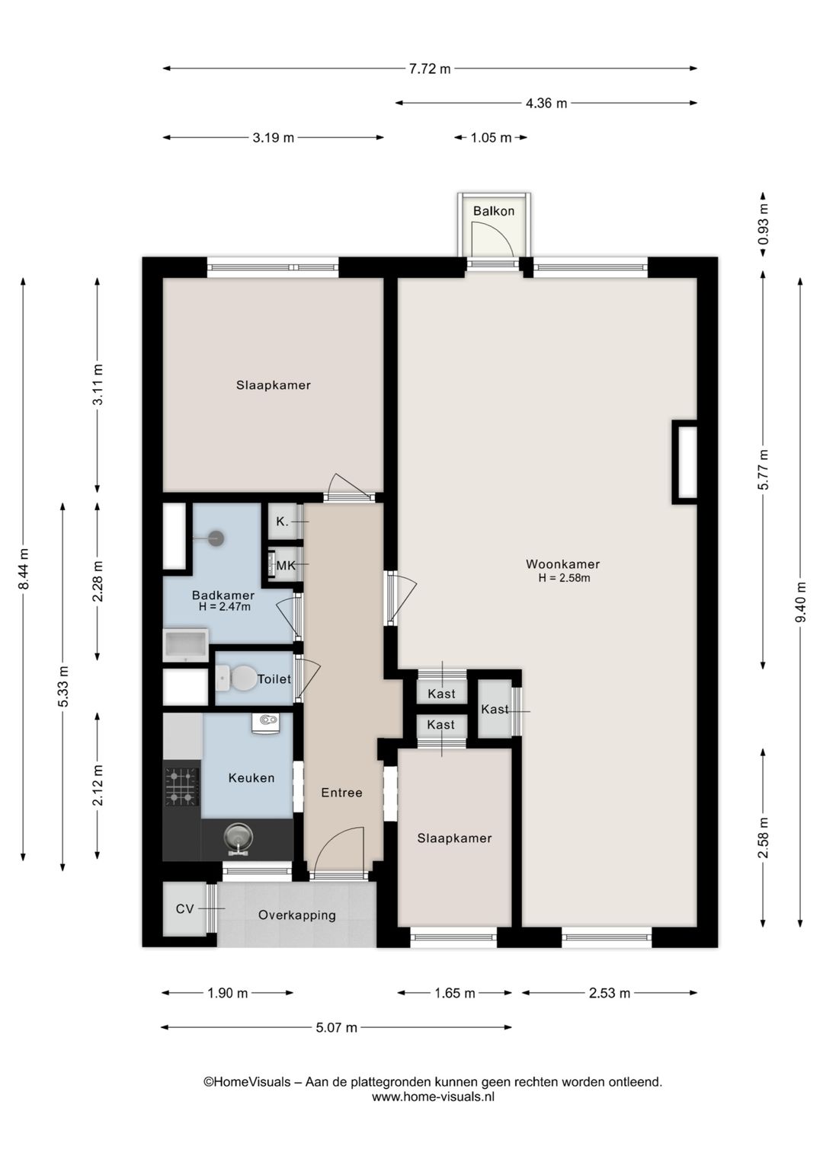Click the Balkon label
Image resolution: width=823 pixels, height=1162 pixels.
(x=493, y=211)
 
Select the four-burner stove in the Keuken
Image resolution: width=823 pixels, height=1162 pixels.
(x=182, y=787)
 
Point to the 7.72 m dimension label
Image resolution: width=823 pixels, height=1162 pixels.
(x=430, y=69)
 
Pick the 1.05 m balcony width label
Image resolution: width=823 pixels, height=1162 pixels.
(x=491, y=138)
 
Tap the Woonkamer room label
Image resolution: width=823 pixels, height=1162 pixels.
(x=563, y=564)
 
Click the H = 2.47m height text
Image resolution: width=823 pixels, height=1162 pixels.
(x=224, y=606)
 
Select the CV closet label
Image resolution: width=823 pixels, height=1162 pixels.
(x=185, y=908)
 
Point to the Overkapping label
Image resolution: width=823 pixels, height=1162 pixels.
(x=297, y=915)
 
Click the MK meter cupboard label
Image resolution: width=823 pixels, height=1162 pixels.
(x=286, y=566)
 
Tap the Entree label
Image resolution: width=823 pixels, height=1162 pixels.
(x=341, y=792)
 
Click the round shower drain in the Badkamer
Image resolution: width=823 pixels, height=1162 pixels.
(x=216, y=538)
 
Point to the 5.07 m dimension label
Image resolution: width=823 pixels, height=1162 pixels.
(x=337, y=1027)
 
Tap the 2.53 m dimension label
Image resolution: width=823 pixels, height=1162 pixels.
(x=609, y=993)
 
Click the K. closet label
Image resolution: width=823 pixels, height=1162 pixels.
(x=282, y=522)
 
